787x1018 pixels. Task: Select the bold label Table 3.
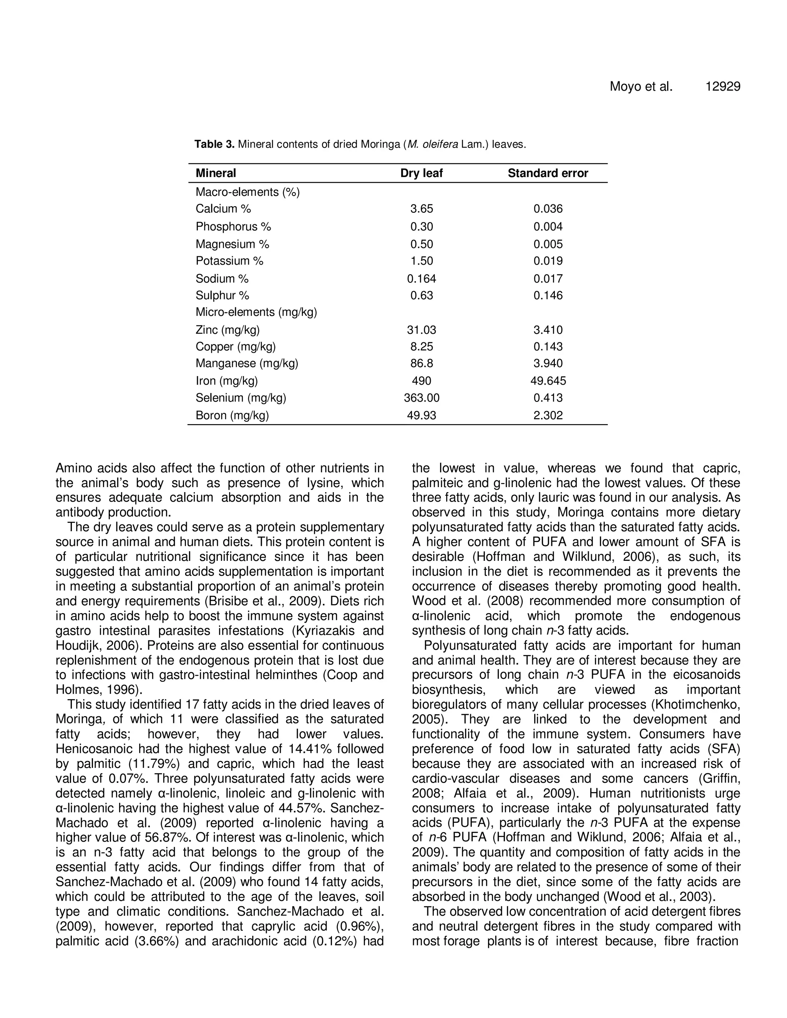(x=214, y=144)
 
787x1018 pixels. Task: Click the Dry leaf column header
(x=421, y=173)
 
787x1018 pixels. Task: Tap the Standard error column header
(x=548, y=173)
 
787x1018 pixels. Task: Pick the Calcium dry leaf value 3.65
(x=421, y=209)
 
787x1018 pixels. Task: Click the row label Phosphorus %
(x=233, y=227)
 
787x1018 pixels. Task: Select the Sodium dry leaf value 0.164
(x=421, y=279)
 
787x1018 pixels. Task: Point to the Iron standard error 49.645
(x=548, y=381)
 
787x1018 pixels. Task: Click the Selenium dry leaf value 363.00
(x=421, y=398)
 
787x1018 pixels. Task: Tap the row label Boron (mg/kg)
(x=232, y=415)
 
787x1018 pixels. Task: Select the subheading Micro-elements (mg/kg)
(x=256, y=312)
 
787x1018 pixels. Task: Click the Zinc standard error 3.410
(x=548, y=330)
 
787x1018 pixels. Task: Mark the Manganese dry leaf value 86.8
(x=421, y=363)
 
